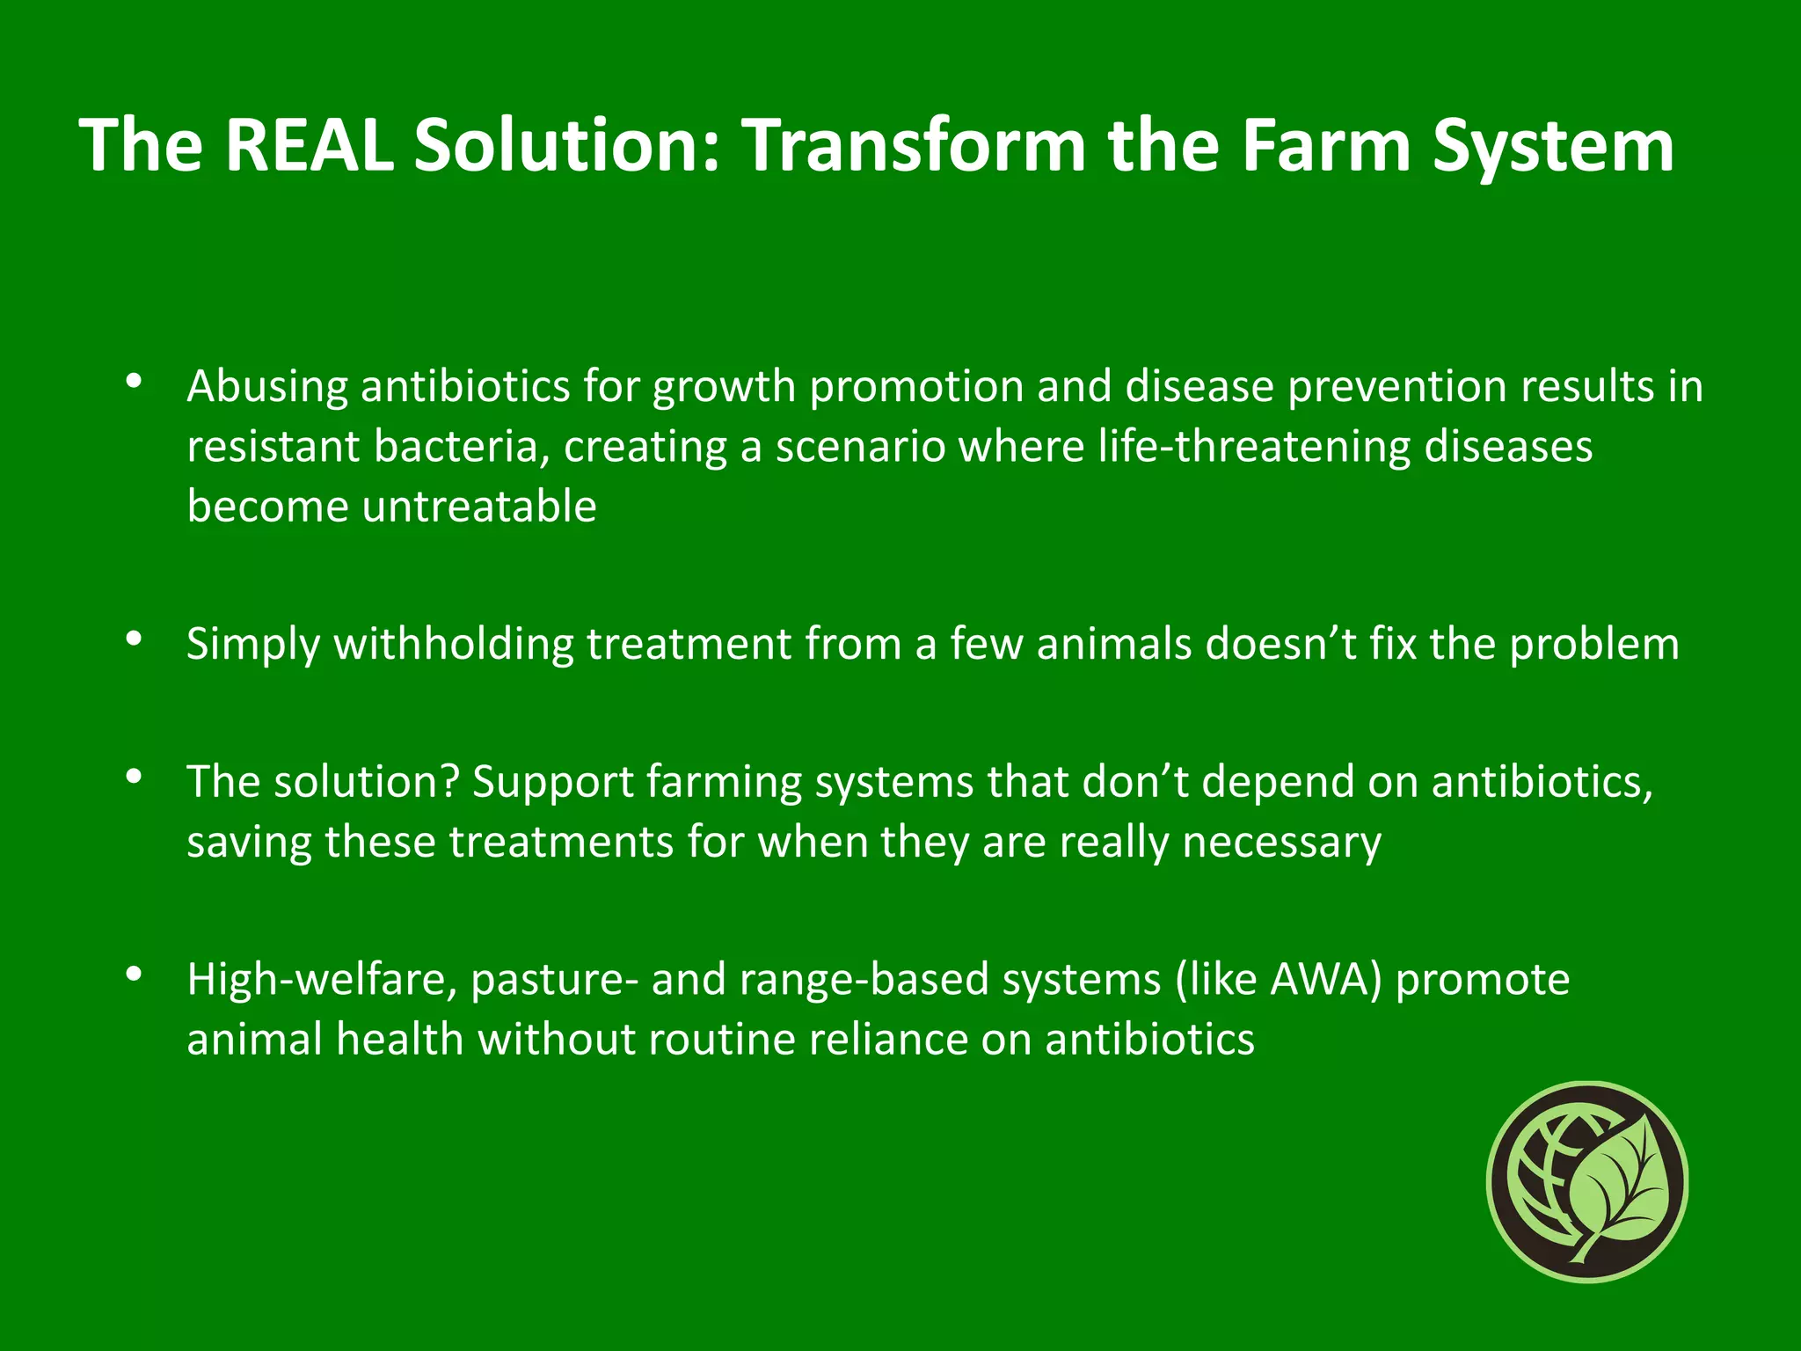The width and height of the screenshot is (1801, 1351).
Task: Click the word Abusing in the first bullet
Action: [x=266, y=387]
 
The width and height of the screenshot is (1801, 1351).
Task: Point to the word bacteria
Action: [x=455, y=447]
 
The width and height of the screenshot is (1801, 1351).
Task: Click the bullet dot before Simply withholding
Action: [x=134, y=639]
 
